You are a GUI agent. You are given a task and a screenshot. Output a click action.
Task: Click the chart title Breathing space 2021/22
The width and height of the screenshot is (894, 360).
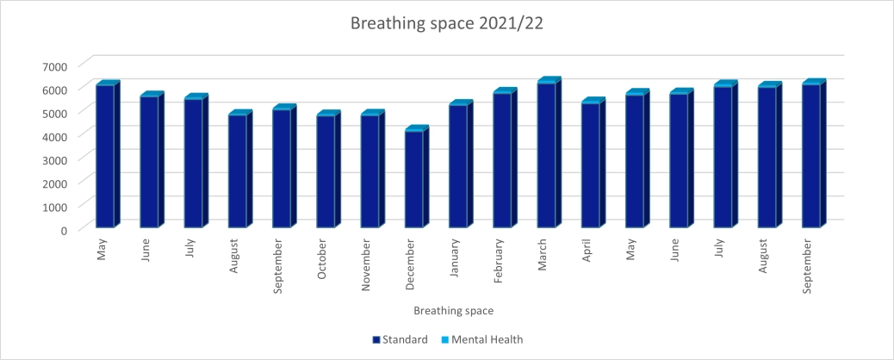[x=446, y=23]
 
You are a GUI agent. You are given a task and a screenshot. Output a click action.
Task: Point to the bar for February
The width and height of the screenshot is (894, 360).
[x=502, y=160]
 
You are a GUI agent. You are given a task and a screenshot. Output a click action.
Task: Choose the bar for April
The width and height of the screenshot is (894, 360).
[x=591, y=165]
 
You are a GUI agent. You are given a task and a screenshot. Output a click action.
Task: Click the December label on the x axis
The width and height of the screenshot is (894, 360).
[x=411, y=255]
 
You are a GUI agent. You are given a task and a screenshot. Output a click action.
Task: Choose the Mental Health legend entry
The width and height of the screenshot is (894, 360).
[x=485, y=339]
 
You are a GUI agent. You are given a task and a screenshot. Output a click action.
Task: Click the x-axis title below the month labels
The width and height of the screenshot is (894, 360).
[x=453, y=309]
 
